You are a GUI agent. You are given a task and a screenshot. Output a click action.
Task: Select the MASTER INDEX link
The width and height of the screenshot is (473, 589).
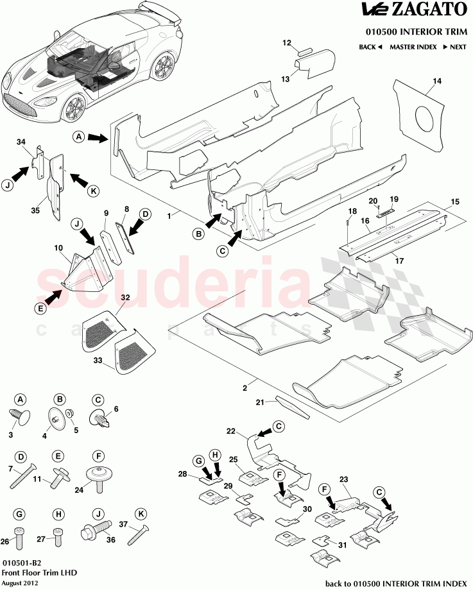(x=413, y=47)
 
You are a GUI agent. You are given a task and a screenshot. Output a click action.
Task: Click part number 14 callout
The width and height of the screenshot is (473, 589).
(x=436, y=81)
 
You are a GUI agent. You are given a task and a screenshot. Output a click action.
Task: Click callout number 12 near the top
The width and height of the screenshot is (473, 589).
(x=286, y=43)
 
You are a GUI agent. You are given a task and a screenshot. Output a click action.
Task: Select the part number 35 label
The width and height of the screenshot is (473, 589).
(x=35, y=210)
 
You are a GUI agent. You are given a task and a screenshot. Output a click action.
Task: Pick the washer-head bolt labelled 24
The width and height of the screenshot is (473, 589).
(x=99, y=477)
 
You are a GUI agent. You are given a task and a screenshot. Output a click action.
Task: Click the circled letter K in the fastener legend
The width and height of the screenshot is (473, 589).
(x=139, y=514)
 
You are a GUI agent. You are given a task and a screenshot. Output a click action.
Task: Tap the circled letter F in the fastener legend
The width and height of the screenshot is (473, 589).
(x=98, y=456)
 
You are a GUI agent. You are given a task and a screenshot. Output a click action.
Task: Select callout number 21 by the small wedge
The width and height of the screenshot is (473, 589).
(x=260, y=402)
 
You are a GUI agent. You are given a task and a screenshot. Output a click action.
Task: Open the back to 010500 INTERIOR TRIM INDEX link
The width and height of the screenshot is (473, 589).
(x=396, y=583)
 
